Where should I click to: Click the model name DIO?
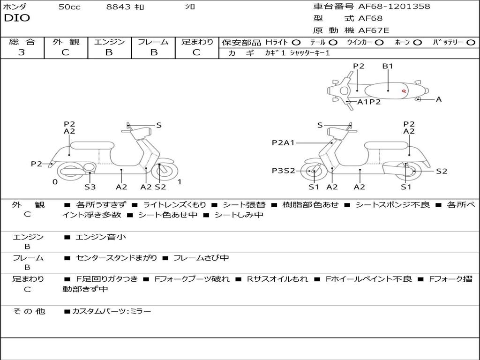click(x=17, y=18)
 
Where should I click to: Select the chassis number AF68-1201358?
click(x=394, y=6)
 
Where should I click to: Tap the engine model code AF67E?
click(x=374, y=30)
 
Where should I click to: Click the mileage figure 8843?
click(x=118, y=7)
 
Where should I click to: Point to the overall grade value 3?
click(x=22, y=52)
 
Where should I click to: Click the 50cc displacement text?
click(x=69, y=7)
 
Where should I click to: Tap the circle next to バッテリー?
click(x=471, y=43)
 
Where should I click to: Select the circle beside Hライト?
click(x=296, y=43)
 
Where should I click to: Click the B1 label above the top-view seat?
click(x=388, y=66)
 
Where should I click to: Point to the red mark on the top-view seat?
click(x=404, y=90)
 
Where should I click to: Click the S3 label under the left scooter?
click(x=90, y=187)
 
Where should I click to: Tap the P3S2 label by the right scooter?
click(x=283, y=171)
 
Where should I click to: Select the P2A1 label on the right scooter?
click(x=283, y=142)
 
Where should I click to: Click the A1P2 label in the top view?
click(x=369, y=102)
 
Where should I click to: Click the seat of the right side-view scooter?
click(x=386, y=145)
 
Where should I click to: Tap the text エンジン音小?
click(x=100, y=237)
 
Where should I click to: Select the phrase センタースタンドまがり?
click(x=116, y=258)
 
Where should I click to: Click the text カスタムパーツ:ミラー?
click(x=112, y=311)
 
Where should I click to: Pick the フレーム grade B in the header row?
click(x=154, y=52)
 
